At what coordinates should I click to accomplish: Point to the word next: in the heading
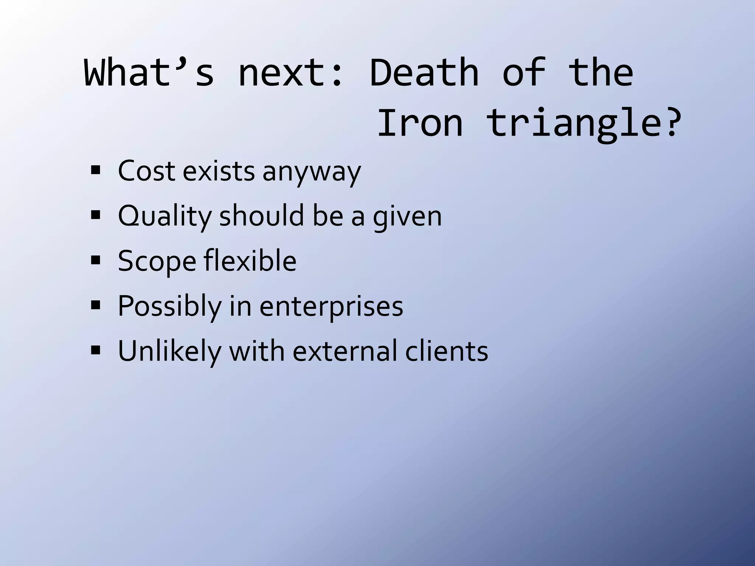coord(291,74)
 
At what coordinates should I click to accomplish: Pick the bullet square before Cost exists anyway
coord(95,170)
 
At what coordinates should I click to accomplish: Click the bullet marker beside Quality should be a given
coord(95,215)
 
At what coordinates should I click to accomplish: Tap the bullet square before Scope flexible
coord(95,261)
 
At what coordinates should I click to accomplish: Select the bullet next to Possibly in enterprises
coord(95,305)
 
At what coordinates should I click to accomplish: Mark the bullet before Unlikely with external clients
coord(95,350)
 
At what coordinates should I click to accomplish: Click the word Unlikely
coord(169,351)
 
